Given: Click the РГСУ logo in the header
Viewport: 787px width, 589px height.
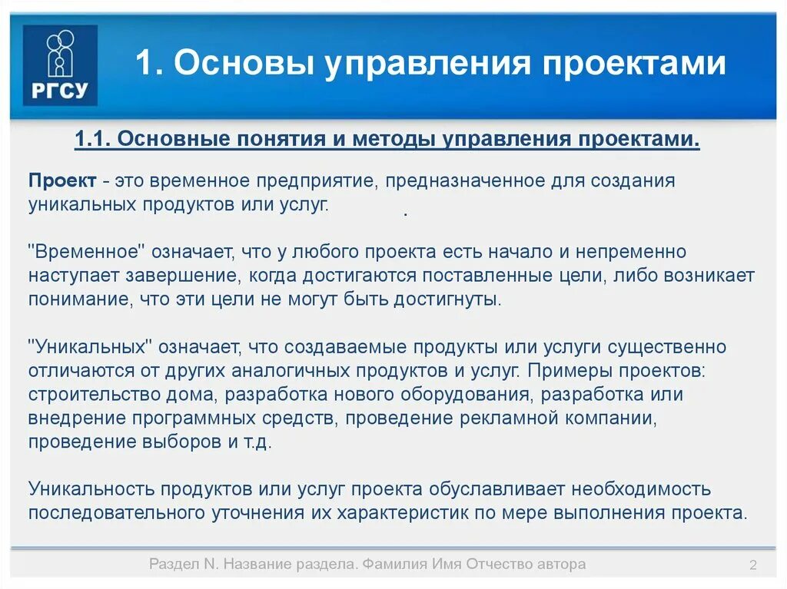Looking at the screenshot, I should (60, 65).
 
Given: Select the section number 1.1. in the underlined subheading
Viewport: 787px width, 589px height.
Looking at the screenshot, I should (94, 141).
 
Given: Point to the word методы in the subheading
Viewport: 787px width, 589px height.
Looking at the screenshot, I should (396, 141).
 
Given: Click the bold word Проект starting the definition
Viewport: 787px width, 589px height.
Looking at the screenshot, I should (62, 181).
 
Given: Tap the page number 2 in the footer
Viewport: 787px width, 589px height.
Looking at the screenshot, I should (753, 567).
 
